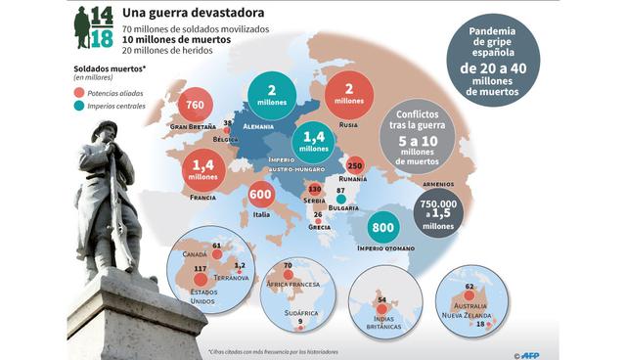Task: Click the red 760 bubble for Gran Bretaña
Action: (x=194, y=106)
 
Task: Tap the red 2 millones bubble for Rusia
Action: (x=347, y=97)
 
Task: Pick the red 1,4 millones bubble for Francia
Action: (x=203, y=171)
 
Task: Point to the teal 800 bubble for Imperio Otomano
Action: (x=383, y=228)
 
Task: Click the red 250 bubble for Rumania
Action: (x=356, y=166)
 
